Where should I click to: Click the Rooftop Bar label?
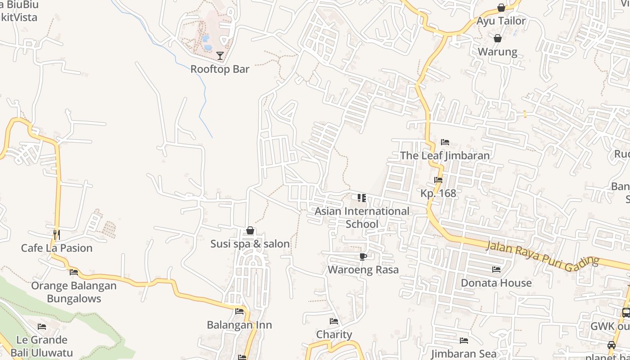point(220,69)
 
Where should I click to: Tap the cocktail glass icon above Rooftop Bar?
point(220,56)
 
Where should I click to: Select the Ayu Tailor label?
point(501,21)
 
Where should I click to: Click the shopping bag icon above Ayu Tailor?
point(501,8)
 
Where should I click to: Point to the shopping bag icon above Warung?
point(498,38)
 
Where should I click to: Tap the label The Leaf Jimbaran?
point(445,156)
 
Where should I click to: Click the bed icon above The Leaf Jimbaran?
point(445,142)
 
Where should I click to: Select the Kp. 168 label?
point(438,193)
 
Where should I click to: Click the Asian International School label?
point(362,217)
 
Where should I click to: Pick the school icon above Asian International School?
point(362,198)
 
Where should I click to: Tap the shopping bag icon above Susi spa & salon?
point(250,231)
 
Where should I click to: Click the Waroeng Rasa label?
point(363,270)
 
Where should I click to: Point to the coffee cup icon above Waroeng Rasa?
point(363,257)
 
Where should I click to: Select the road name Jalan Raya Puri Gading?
point(543,255)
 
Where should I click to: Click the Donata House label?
point(496,283)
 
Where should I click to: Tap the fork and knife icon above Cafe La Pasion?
point(57,234)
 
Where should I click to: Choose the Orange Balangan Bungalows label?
point(74,292)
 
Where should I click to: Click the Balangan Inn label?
point(239,325)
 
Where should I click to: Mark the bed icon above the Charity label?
point(334,321)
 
